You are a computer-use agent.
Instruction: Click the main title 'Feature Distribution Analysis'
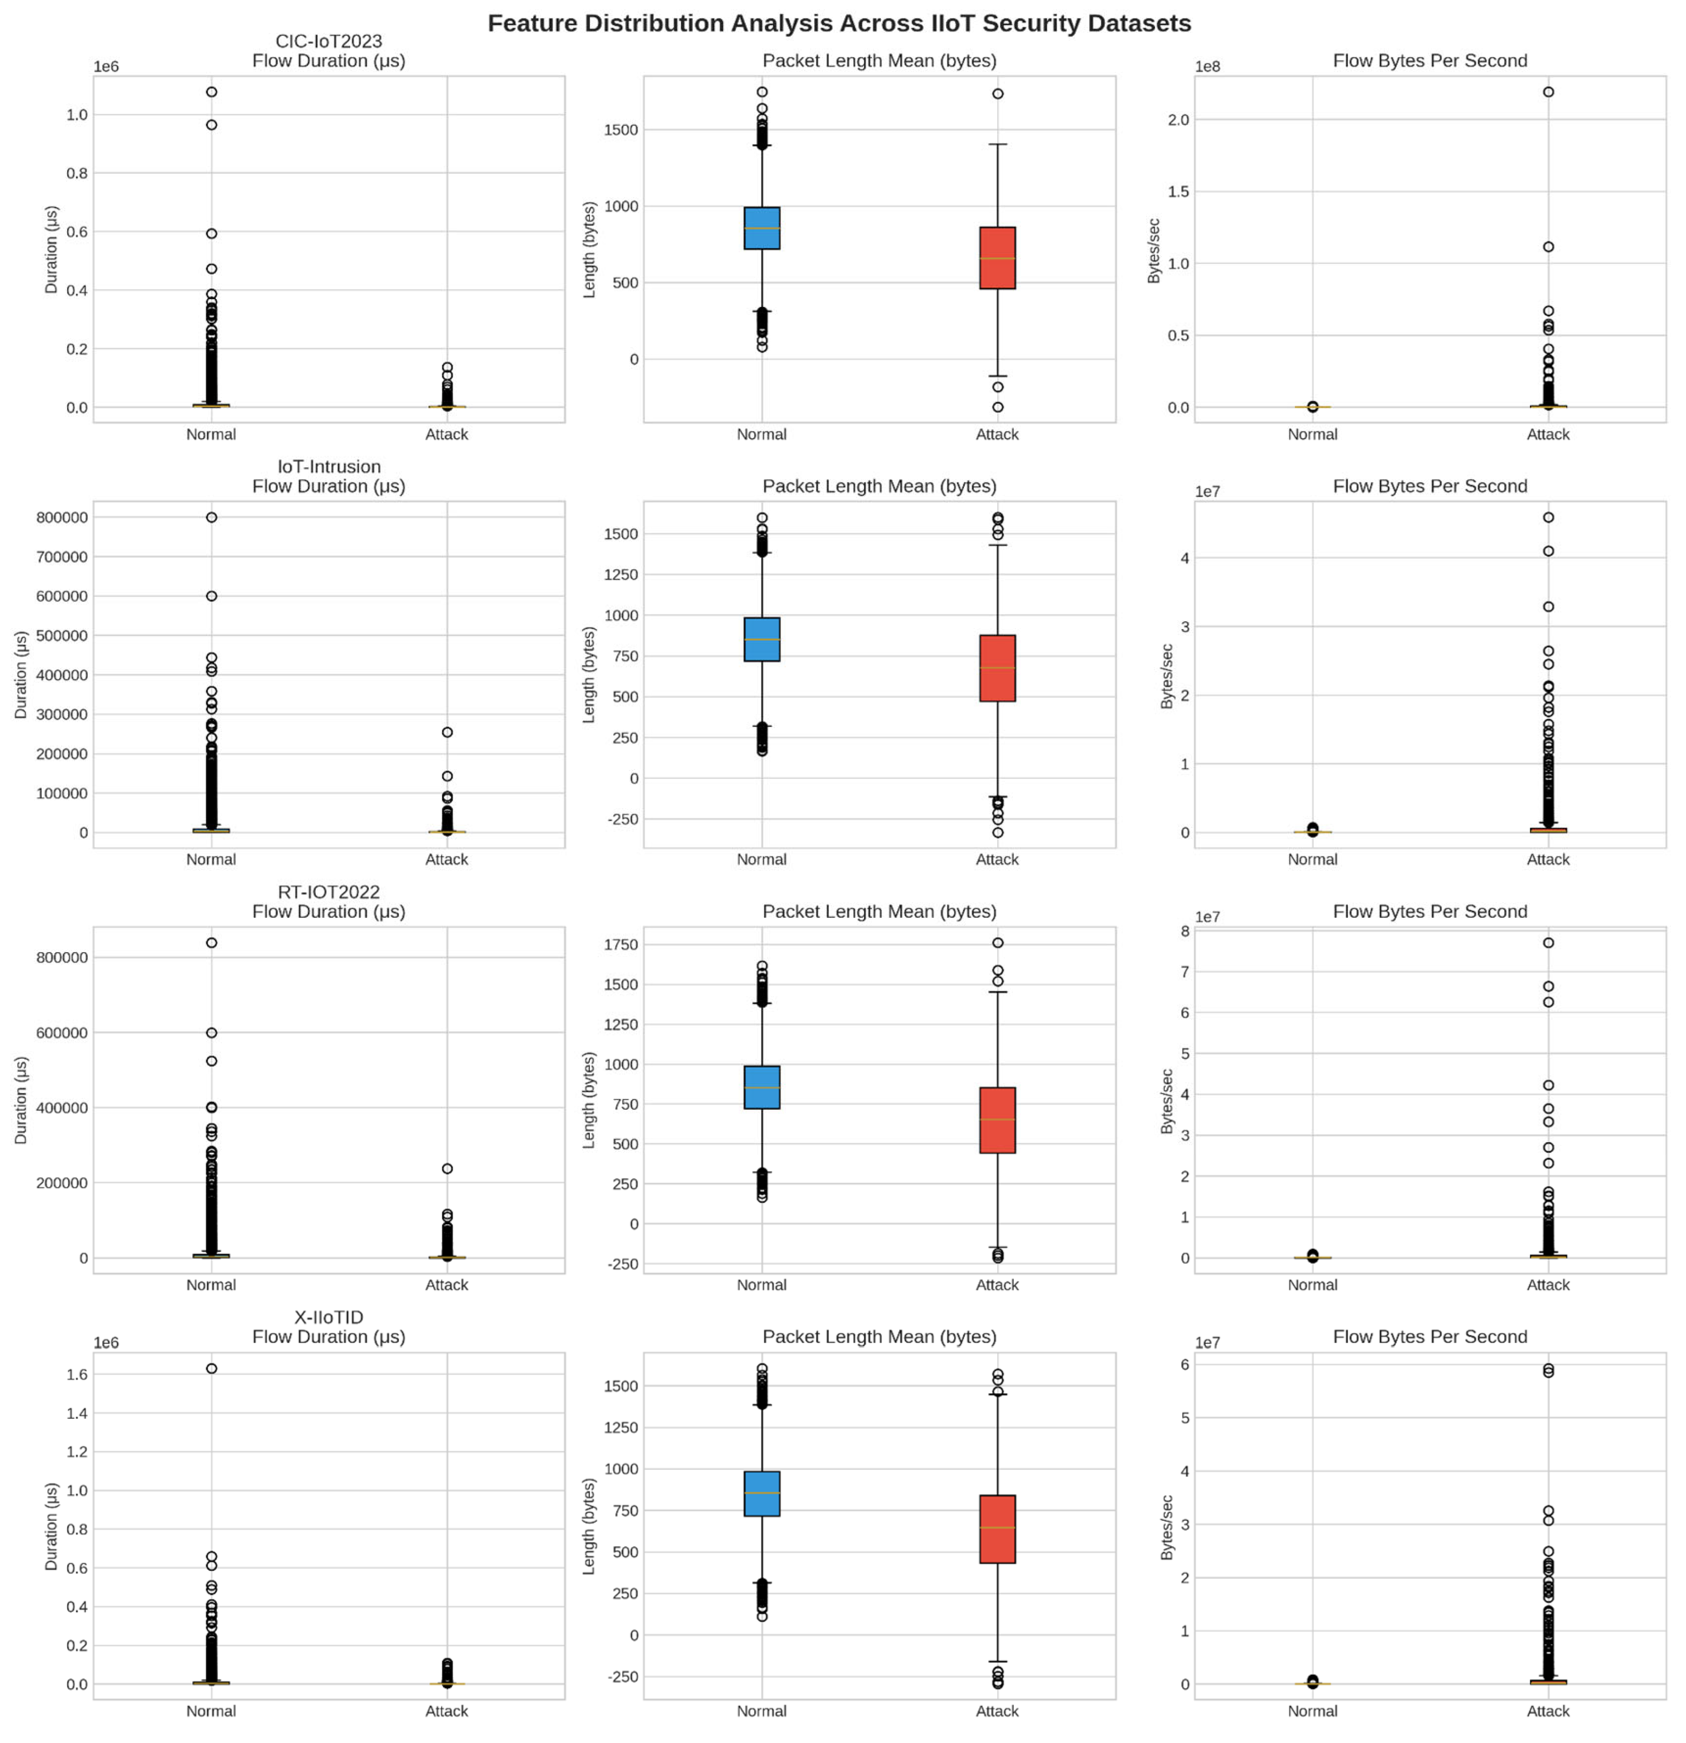(x=839, y=23)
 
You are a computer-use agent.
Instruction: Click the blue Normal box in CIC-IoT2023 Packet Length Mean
(x=761, y=228)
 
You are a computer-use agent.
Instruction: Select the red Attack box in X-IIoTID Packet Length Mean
(x=997, y=1528)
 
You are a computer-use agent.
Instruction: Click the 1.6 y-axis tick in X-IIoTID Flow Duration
(x=76, y=1374)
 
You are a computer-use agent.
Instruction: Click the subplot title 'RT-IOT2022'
(x=328, y=892)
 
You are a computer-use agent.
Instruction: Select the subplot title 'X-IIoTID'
(x=328, y=1317)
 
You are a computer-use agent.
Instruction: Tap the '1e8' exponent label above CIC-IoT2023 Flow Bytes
(x=1207, y=67)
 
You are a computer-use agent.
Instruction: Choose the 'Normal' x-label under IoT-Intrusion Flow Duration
(x=211, y=859)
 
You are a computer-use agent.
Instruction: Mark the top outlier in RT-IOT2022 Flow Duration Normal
(x=211, y=943)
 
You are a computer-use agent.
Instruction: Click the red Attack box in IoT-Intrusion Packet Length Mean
(x=997, y=668)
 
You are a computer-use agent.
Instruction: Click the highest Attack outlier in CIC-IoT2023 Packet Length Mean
(x=997, y=93)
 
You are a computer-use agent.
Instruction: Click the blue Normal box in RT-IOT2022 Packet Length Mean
(x=761, y=1087)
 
